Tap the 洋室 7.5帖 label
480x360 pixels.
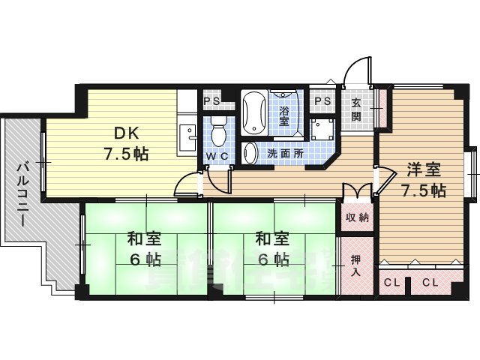[x=423, y=180]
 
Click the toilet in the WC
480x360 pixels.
[x=217, y=131]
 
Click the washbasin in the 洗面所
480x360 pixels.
[x=251, y=153]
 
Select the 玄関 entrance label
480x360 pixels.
[x=355, y=111]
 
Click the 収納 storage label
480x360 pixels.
[x=357, y=217]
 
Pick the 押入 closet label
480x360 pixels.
[x=356, y=265]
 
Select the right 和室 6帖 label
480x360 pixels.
[x=272, y=250]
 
